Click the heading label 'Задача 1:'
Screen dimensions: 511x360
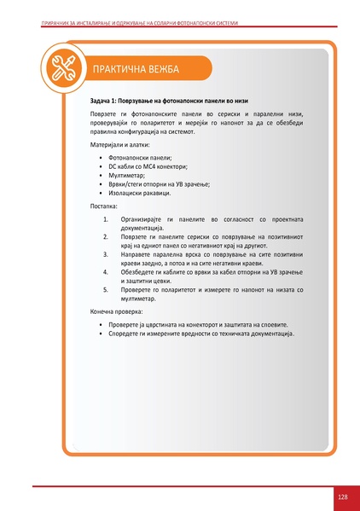(107, 102)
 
